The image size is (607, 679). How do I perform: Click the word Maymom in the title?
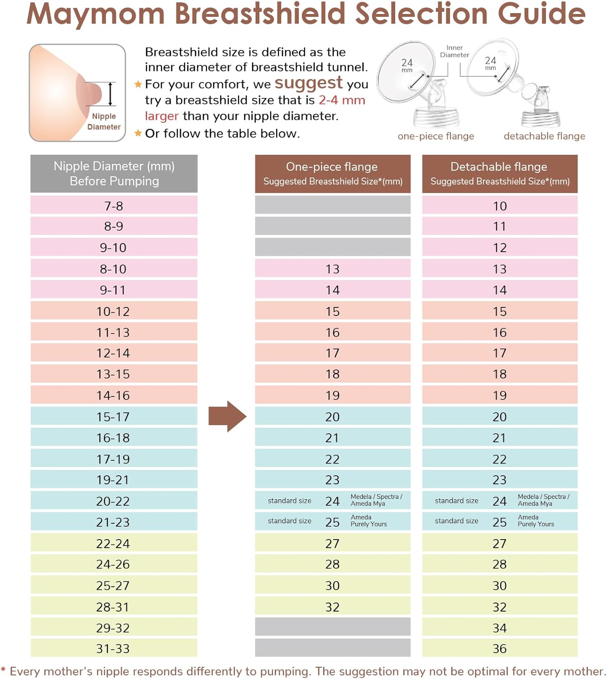(x=96, y=14)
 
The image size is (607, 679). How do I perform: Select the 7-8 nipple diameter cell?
(x=114, y=206)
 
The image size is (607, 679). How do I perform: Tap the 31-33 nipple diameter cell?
(x=113, y=648)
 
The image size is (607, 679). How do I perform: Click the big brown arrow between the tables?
(x=227, y=416)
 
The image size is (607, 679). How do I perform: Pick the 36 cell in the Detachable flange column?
(x=499, y=648)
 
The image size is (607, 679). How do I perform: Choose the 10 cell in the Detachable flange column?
(x=499, y=206)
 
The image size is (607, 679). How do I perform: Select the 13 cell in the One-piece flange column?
(x=332, y=269)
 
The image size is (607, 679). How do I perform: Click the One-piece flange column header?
(x=332, y=174)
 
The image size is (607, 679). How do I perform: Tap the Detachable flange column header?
(x=499, y=174)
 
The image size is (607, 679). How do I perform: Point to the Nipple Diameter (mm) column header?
(x=114, y=174)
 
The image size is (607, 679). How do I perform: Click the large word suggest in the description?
(x=308, y=83)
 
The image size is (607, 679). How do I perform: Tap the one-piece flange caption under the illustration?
(x=435, y=136)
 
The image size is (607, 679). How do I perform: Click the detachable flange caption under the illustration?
(x=544, y=136)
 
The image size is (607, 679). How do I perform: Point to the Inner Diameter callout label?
(x=454, y=51)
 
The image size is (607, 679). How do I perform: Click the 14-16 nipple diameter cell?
(x=113, y=395)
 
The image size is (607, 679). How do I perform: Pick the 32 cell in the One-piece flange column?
(x=332, y=607)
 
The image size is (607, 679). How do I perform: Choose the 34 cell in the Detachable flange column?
(x=499, y=628)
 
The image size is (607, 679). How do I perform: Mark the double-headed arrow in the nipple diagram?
(x=110, y=94)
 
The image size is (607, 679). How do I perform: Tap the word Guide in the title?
(x=541, y=14)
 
